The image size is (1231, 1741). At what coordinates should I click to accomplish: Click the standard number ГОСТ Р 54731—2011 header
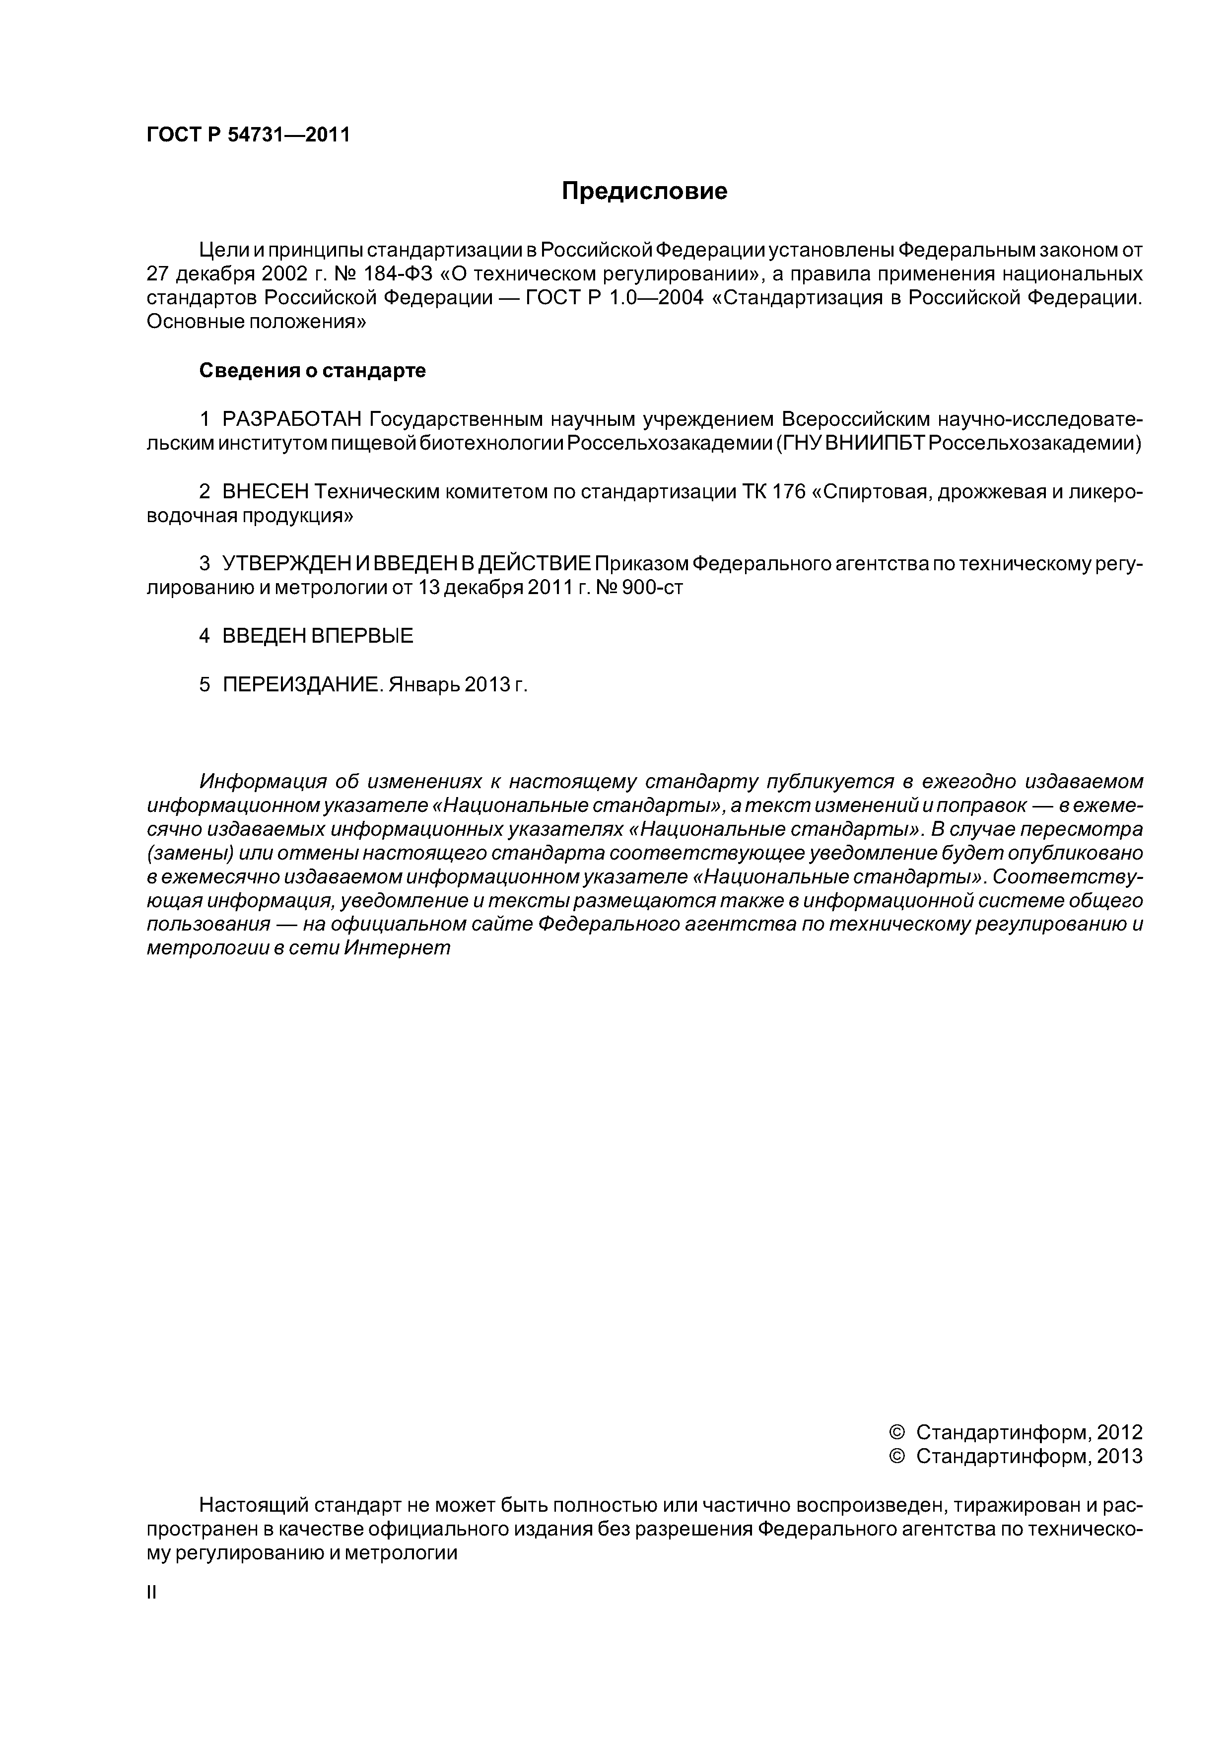[x=248, y=135]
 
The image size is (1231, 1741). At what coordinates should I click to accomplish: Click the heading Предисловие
[x=644, y=191]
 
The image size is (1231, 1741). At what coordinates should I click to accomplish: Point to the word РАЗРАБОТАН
[x=292, y=419]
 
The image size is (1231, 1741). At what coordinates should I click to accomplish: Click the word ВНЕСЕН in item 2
[x=266, y=492]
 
